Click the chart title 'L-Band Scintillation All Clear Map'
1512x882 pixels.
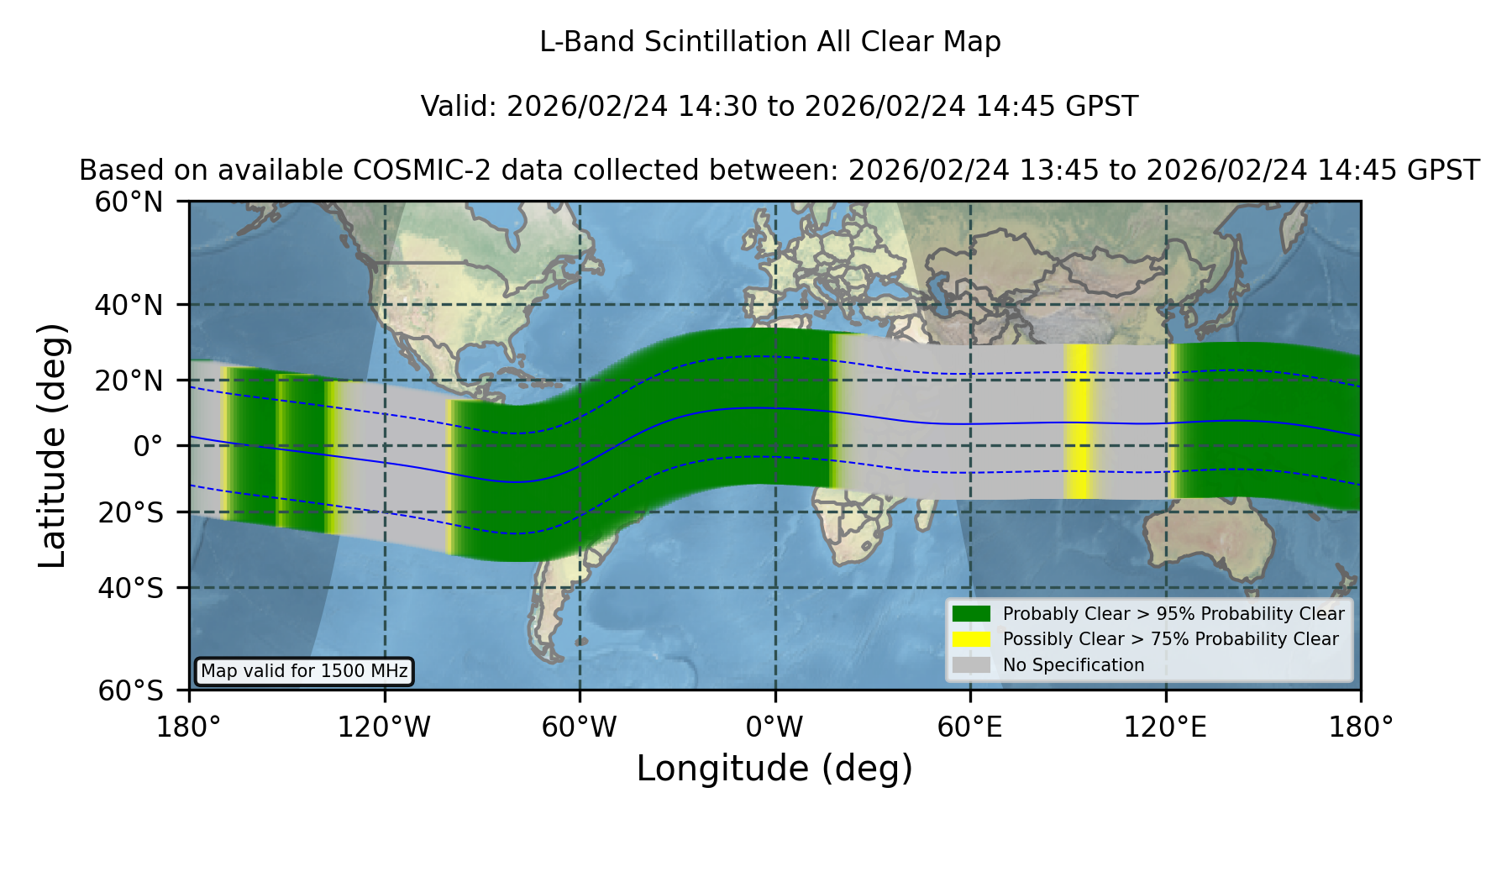(770, 42)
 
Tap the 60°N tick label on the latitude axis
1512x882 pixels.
(129, 202)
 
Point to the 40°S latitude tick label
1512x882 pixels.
(130, 588)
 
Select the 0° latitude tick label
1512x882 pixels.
(148, 446)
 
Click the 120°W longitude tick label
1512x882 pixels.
(384, 727)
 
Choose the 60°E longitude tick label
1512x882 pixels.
(970, 727)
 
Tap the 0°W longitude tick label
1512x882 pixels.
(775, 727)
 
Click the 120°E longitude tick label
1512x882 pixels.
(1166, 727)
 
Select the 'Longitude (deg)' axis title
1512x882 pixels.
(774, 769)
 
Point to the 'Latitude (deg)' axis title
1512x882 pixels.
(53, 445)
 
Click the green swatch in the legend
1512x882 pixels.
(972, 614)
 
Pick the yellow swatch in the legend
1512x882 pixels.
(972, 639)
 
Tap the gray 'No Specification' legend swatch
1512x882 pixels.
(972, 665)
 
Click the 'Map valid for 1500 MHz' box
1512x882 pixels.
(305, 671)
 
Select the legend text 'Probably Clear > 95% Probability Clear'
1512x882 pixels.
(1173, 614)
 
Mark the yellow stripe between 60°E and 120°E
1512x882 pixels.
(1079, 421)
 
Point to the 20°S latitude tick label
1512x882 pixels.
(130, 512)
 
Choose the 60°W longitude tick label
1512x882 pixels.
(580, 727)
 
